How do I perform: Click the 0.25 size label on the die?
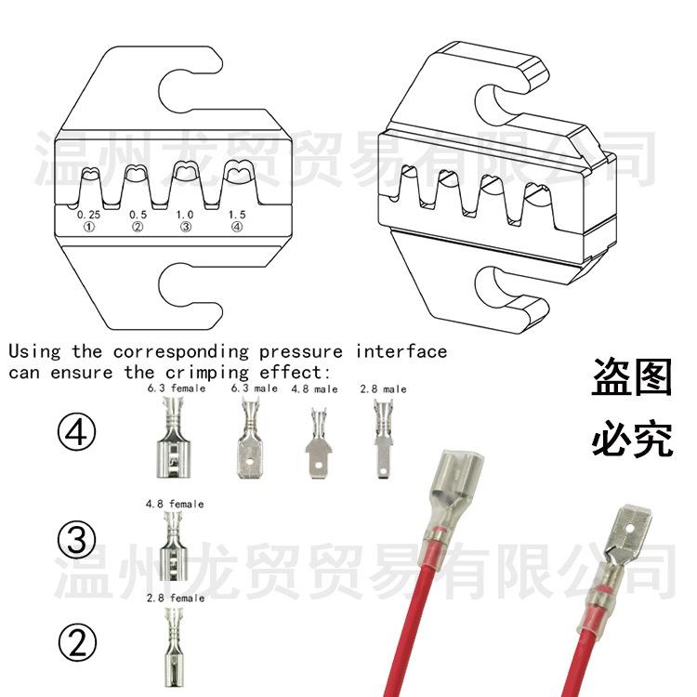click(x=88, y=215)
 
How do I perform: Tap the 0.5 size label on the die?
click(x=138, y=215)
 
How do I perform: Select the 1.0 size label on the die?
click(x=186, y=215)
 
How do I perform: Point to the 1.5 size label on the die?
click(x=237, y=215)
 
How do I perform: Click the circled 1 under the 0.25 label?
click(x=88, y=227)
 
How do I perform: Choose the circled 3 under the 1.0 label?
click(x=186, y=227)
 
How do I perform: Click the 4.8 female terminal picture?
click(x=174, y=548)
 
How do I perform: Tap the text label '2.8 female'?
click(x=175, y=598)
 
